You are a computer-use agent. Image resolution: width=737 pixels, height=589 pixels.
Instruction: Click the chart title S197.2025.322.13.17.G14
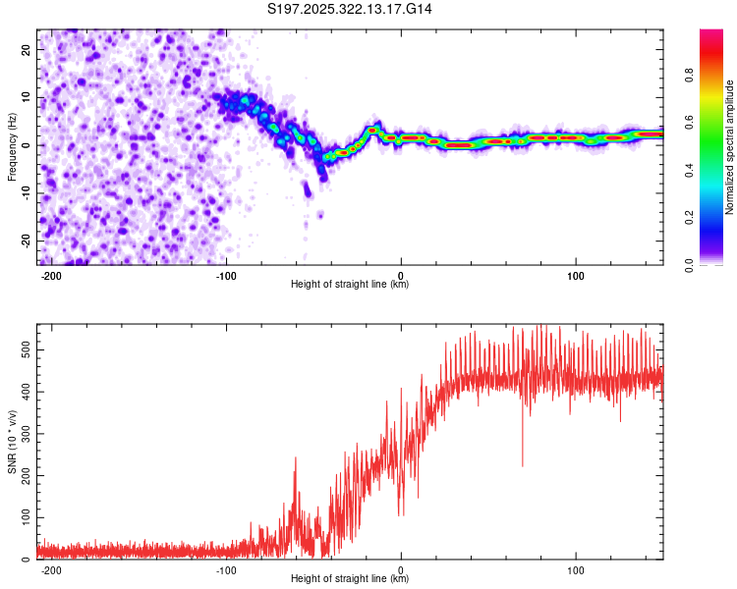click(351, 9)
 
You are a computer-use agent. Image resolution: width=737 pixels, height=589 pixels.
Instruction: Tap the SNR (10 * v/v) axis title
click(12, 442)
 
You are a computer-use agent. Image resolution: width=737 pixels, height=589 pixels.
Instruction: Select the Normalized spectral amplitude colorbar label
click(731, 147)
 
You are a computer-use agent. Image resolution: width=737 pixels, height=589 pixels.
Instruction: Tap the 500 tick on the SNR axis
click(23, 348)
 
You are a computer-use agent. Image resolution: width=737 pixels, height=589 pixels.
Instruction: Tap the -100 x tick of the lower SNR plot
click(226, 570)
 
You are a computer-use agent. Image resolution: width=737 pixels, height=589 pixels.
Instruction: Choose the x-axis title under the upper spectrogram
click(350, 285)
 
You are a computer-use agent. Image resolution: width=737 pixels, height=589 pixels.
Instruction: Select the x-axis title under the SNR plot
click(350, 579)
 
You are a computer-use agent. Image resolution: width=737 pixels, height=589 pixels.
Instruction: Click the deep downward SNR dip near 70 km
click(522, 464)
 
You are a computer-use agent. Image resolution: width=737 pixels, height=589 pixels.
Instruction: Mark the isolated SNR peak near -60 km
click(296, 458)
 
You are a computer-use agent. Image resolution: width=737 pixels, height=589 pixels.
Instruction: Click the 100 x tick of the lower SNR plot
click(575, 570)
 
